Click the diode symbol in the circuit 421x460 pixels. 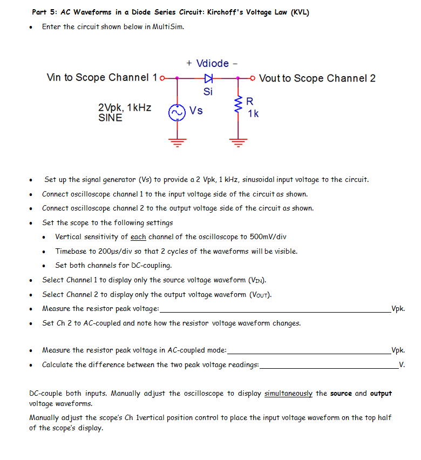tap(208, 78)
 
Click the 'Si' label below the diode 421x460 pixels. tap(208, 91)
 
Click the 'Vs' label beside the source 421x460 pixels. tap(196, 111)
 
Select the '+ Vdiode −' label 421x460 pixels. tap(212, 64)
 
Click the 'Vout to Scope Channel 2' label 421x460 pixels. tap(317, 78)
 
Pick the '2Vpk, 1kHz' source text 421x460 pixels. tap(125, 107)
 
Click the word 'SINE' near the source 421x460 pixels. tap(110, 117)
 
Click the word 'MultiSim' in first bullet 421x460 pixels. tap(168, 27)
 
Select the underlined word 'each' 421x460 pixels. tap(139, 237)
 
